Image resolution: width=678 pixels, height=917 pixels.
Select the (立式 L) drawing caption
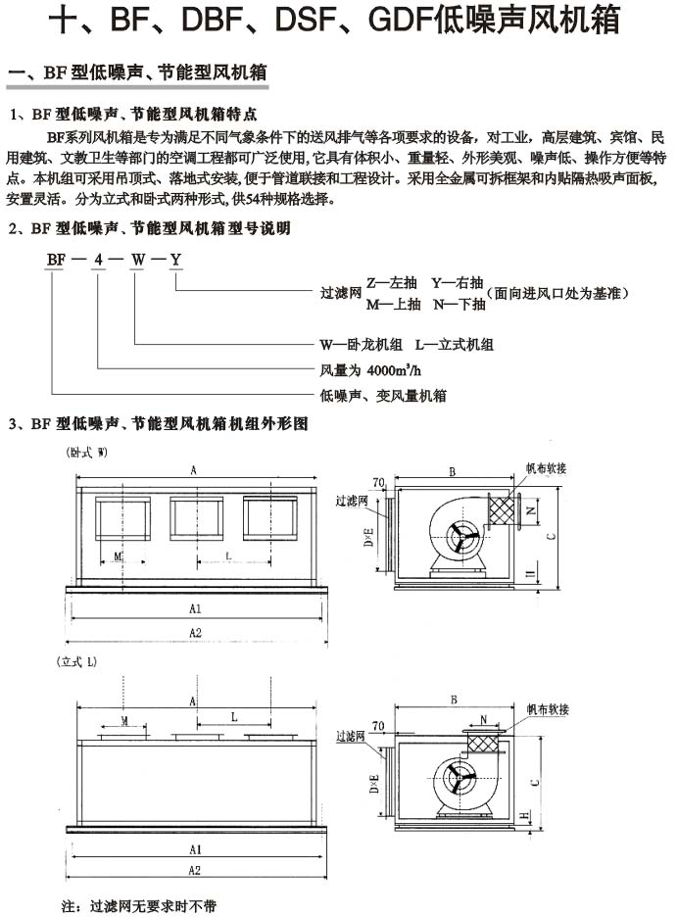76,662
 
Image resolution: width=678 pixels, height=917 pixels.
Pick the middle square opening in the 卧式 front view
193,518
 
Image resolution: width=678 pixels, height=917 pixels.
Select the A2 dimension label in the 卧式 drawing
195,633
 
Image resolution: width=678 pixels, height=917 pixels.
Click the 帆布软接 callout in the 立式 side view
547,707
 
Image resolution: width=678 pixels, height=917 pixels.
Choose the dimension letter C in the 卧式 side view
552,535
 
